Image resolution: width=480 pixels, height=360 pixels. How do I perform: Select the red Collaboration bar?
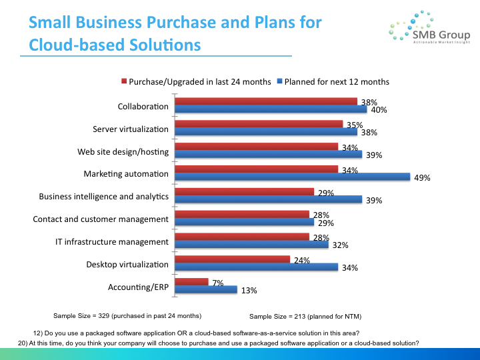pos(266,101)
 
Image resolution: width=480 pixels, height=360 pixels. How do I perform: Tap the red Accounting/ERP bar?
pos(191,282)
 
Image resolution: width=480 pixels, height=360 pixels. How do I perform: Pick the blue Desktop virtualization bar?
pos(256,267)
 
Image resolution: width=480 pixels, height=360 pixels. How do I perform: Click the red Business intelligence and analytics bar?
pos(244,191)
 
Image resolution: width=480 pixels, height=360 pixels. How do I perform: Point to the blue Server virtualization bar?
pos(266,131)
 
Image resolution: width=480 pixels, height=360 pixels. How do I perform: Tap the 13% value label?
pos(249,291)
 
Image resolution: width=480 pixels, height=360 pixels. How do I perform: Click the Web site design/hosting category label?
pos(123,151)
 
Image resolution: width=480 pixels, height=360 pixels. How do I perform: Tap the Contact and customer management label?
pos(101,219)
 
